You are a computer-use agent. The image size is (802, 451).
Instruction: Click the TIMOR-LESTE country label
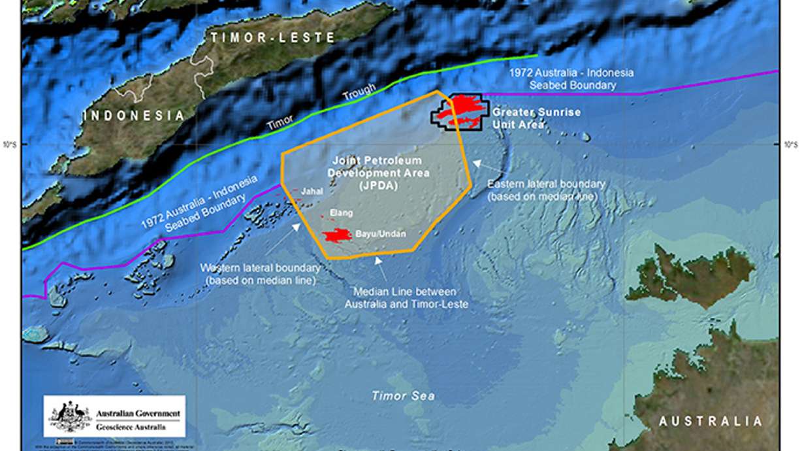pos(273,38)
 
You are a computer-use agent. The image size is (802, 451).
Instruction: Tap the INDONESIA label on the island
pos(133,116)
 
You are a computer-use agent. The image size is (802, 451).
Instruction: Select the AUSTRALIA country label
pos(710,421)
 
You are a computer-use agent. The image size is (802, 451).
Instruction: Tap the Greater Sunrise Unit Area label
pos(536,118)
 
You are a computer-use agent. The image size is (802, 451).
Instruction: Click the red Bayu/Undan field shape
pos(337,235)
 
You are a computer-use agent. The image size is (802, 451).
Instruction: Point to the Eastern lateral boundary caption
pos(546,190)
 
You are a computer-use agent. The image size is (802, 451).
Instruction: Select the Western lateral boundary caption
pos(260,274)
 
